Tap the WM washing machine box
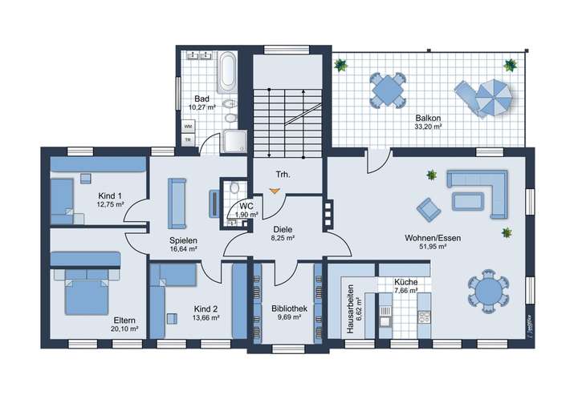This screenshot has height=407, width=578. [x=188, y=127]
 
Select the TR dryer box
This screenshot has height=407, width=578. [x=188, y=140]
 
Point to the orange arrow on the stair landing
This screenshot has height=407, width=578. [x=275, y=191]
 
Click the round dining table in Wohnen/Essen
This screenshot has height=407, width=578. [x=486, y=291]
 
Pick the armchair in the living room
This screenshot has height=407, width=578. [x=429, y=210]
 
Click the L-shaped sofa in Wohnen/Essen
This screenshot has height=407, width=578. [x=478, y=194]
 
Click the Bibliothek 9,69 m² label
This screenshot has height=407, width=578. [x=286, y=312]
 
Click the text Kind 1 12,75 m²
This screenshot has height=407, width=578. [x=110, y=200]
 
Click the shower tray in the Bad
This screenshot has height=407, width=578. [x=236, y=141]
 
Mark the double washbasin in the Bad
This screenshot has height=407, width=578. [x=199, y=56]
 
